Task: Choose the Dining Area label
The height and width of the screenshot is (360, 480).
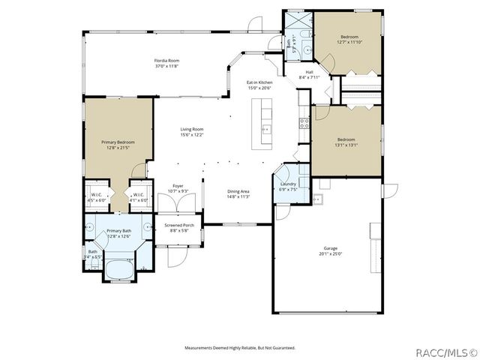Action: tap(238, 191)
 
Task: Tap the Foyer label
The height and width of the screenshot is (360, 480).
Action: tap(178, 186)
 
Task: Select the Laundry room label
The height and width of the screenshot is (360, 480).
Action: tap(288, 184)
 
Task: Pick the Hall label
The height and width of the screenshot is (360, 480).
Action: tap(309, 72)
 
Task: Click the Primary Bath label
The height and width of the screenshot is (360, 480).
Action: tap(120, 231)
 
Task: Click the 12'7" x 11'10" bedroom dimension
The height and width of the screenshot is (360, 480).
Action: tap(350, 42)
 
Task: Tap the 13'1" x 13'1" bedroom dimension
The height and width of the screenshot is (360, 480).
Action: tap(346, 145)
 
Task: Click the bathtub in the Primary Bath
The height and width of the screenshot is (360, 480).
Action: tap(120, 269)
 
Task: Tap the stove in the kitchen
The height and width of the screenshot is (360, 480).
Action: tap(304, 123)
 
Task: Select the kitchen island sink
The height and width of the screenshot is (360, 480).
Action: tap(264, 129)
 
